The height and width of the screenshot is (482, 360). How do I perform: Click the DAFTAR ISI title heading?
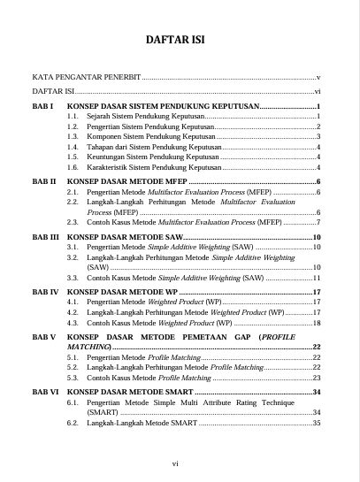[180, 42]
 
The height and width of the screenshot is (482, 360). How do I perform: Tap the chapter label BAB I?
[43, 106]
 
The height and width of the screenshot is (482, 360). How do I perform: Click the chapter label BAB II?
[44, 181]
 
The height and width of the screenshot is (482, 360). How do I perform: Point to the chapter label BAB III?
[45, 238]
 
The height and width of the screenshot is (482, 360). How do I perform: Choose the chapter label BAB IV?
[45, 291]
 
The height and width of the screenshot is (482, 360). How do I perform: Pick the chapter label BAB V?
[44, 337]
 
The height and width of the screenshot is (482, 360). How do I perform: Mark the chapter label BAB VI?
[45, 391]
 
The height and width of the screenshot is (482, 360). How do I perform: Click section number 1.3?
[73, 136]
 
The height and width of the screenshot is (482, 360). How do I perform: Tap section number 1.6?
[73, 166]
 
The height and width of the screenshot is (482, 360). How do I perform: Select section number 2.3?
[73, 222]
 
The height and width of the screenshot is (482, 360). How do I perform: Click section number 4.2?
[73, 312]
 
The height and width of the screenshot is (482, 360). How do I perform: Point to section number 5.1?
[73, 357]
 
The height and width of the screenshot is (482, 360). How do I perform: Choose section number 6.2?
[73, 423]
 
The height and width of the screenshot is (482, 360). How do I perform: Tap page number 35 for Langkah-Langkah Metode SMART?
[316, 423]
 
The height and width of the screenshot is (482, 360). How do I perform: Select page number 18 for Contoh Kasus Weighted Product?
[316, 323]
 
